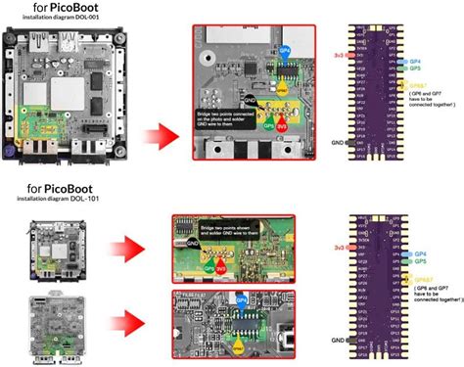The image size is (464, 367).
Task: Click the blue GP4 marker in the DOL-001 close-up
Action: tap(285, 47)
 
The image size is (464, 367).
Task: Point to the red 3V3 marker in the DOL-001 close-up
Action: tap(282, 125)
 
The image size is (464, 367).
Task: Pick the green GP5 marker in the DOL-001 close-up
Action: tap(264, 125)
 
